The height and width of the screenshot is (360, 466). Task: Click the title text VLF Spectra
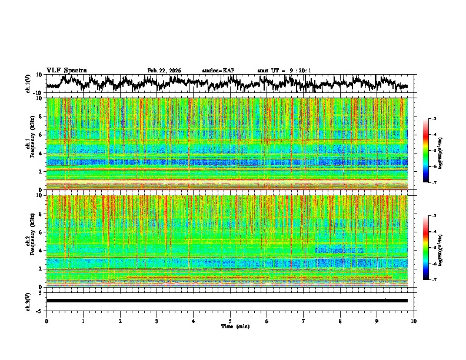(x=66, y=70)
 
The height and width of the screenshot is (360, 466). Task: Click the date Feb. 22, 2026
(x=164, y=71)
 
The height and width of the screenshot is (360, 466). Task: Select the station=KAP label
(x=218, y=71)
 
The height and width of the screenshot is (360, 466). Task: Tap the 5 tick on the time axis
(x=230, y=321)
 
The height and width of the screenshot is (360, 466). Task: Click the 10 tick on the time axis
(x=414, y=321)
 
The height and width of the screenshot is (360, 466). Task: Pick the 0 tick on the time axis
(x=46, y=321)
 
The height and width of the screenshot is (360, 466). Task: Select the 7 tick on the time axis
(x=304, y=321)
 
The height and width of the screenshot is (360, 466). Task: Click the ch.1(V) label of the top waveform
(x=29, y=84)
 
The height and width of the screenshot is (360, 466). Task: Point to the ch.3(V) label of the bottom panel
(x=29, y=300)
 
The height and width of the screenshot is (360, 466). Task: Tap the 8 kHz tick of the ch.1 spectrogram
(x=41, y=116)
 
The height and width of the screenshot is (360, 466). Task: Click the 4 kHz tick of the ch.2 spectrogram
(x=41, y=251)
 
